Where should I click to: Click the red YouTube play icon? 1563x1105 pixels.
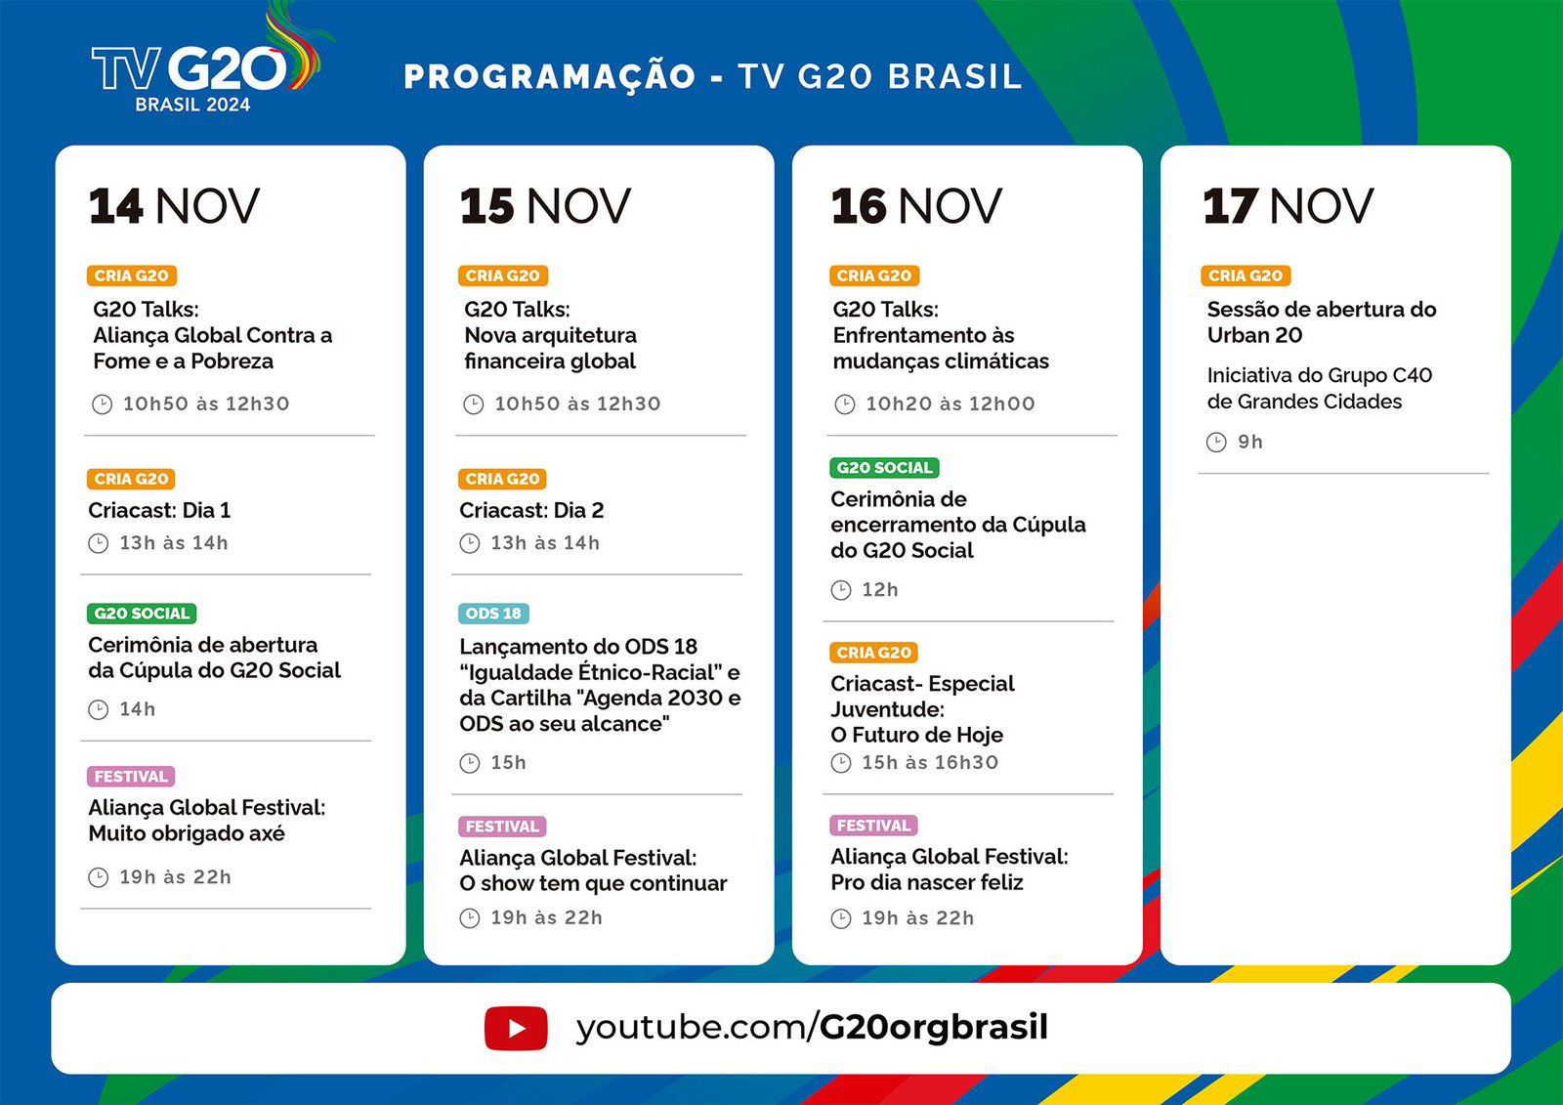tap(516, 1028)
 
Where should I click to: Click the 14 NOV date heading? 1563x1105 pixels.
tap(174, 206)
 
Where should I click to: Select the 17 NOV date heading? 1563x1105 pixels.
tap(1288, 206)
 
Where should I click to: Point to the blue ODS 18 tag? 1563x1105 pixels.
tap(493, 613)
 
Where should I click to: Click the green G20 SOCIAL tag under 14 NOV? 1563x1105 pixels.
tap(142, 613)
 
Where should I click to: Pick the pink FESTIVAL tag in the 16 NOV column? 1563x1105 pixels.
tap(873, 825)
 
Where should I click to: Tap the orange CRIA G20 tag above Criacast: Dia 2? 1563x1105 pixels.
tap(502, 479)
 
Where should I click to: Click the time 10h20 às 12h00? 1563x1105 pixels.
tap(950, 404)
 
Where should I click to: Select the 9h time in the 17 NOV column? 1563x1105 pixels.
tap(1250, 442)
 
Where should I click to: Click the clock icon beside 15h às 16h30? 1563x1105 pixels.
tap(841, 763)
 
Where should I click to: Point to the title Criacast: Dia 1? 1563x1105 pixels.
tap(159, 510)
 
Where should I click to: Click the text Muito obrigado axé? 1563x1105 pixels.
tap(187, 833)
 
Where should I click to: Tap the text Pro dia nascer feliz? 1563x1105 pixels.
tap(927, 882)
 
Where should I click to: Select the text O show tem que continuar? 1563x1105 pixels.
tap(593, 883)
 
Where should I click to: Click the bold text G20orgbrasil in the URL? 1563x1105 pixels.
tap(933, 1028)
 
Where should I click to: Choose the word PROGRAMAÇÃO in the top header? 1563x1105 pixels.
tap(550, 77)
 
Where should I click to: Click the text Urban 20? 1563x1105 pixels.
tap(1254, 335)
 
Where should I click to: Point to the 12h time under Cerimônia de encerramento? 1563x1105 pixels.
tap(880, 590)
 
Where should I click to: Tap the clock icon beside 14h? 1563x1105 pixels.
tap(99, 710)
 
